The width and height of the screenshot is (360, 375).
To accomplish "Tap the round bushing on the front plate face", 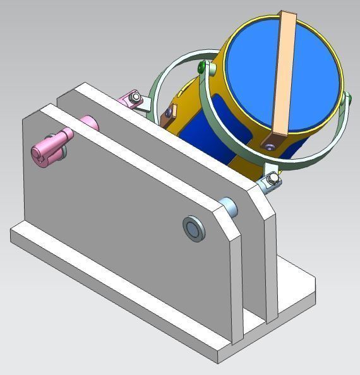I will coord(194,228).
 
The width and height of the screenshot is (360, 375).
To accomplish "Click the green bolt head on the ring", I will coord(201,67).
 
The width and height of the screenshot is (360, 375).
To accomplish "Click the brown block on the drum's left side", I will coord(168,113).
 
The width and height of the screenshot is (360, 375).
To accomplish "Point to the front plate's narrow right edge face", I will coord(237,290).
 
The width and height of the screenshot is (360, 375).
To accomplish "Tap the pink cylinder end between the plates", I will coord(89,121).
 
